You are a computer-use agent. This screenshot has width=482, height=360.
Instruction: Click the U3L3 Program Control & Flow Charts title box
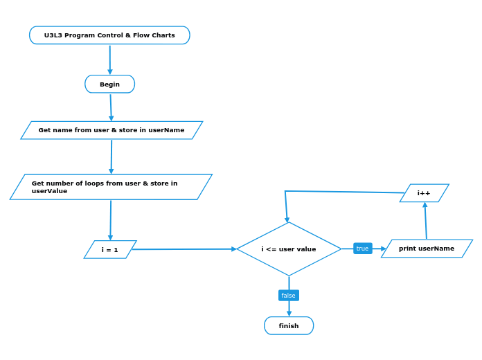click(109, 35)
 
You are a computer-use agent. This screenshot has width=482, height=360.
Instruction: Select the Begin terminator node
click(109, 84)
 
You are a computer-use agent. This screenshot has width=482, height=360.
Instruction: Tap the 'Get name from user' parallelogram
click(111, 130)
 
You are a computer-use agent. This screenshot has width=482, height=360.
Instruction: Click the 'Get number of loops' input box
click(111, 187)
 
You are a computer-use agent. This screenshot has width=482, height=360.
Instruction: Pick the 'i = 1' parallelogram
click(110, 250)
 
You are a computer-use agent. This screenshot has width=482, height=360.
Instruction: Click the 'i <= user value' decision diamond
click(289, 249)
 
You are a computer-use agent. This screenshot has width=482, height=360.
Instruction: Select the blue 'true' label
click(362, 249)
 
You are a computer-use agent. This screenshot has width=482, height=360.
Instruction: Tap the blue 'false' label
click(289, 296)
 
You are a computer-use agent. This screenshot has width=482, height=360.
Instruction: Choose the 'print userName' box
click(427, 249)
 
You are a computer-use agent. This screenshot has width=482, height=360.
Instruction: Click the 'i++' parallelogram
click(424, 193)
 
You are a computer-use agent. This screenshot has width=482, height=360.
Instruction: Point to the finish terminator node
click(289, 325)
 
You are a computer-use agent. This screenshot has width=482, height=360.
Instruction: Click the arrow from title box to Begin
click(109, 59)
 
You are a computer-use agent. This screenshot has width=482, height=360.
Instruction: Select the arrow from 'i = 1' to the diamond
click(184, 249)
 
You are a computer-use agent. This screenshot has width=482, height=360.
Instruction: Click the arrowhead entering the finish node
click(289, 313)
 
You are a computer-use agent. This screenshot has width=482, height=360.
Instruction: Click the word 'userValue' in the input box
click(49, 191)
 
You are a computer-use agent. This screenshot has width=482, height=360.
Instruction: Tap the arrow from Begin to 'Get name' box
click(111, 107)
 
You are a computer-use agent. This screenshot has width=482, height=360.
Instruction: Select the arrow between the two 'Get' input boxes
click(111, 156)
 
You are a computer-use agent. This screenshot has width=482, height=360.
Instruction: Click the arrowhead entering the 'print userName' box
click(383, 249)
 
